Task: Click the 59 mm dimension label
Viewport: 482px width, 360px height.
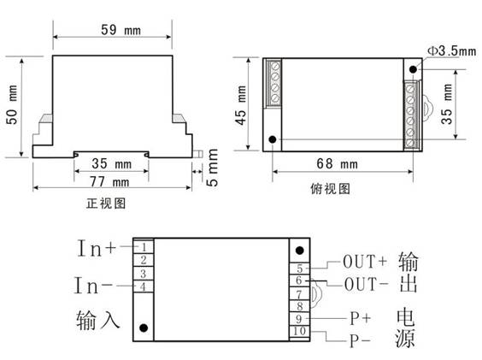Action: [120, 30]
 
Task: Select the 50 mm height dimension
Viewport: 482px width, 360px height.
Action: [12, 104]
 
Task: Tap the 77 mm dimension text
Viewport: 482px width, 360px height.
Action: [109, 182]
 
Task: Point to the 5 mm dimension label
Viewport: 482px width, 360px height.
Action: [212, 168]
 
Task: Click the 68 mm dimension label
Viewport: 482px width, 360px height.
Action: [338, 163]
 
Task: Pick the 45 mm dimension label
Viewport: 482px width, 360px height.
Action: [241, 105]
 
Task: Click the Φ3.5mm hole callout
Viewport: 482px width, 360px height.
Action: [452, 51]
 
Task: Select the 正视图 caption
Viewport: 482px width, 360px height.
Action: [106, 204]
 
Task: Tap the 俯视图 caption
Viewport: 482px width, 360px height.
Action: [331, 189]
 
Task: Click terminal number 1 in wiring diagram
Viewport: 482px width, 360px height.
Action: [144, 247]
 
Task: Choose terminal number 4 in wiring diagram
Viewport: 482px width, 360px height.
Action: [143, 286]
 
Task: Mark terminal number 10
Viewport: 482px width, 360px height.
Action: [299, 331]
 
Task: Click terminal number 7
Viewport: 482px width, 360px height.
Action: [299, 294]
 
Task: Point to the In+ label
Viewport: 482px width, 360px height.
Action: [97, 248]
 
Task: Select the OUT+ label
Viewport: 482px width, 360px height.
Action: [365, 262]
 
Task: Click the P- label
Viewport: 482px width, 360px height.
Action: [360, 341]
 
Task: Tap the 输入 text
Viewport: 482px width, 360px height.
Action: [97, 320]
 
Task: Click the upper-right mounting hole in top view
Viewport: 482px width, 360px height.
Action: [413, 69]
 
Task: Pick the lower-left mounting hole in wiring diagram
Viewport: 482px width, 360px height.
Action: [144, 328]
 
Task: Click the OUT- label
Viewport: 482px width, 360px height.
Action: [366, 284]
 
